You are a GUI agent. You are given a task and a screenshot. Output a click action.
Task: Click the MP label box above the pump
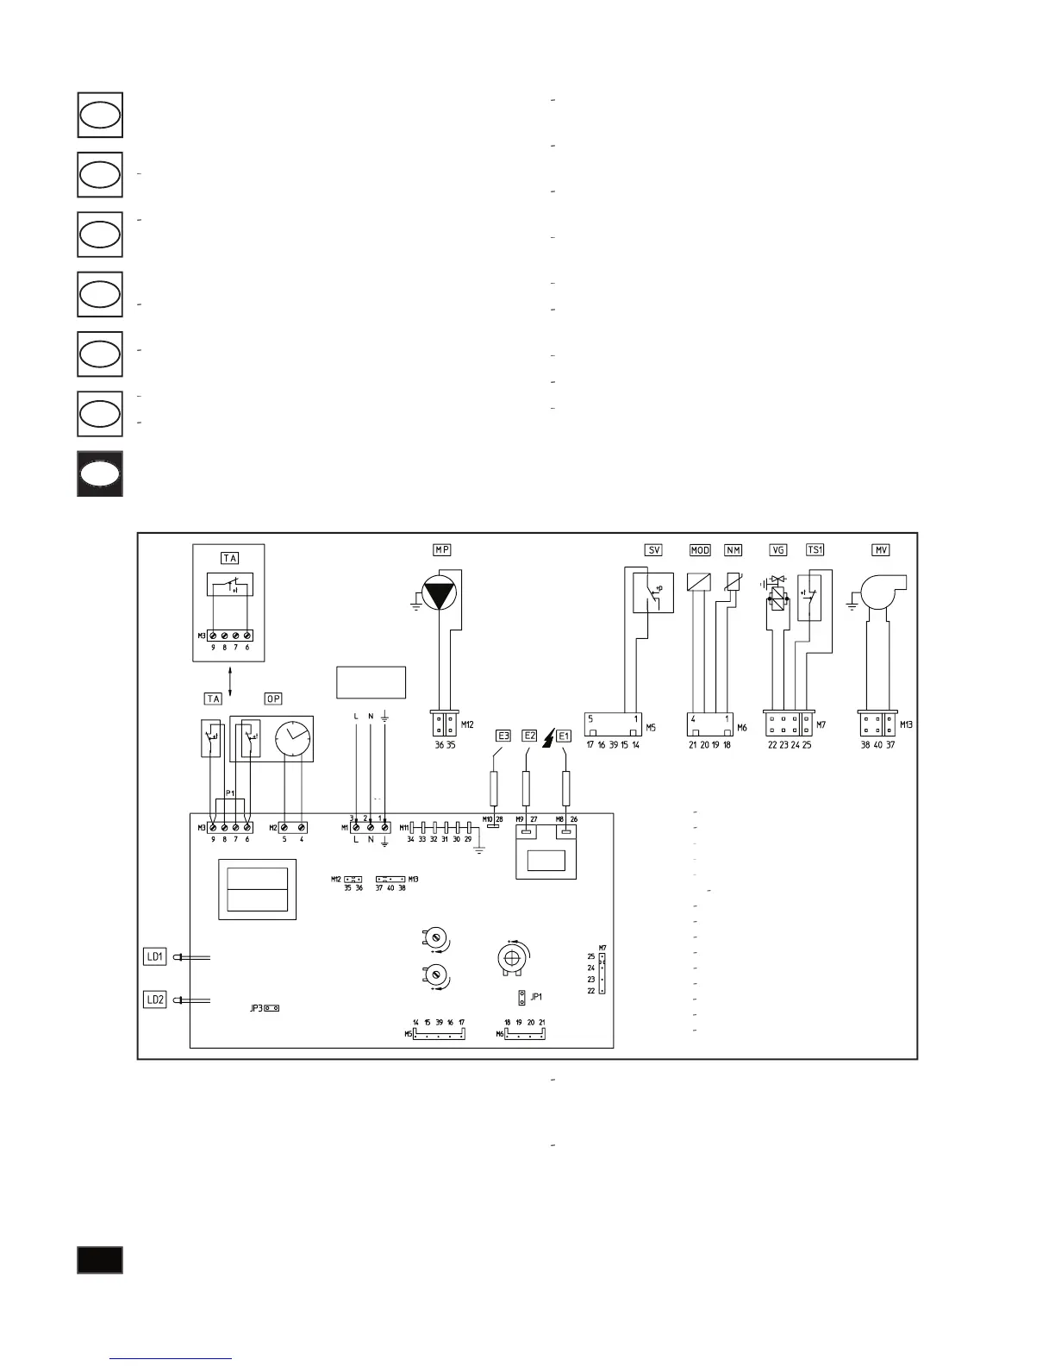(441, 549)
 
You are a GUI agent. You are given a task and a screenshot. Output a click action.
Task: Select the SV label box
(653, 549)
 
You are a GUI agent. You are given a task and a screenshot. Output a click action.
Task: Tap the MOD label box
(700, 549)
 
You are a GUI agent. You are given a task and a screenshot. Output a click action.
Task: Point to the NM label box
(734, 549)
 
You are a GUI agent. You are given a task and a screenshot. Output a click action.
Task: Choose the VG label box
(778, 549)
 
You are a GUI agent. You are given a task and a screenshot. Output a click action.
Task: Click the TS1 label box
(815, 549)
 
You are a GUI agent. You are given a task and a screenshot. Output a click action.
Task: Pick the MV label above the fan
(880, 549)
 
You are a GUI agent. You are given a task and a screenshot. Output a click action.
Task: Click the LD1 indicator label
(155, 956)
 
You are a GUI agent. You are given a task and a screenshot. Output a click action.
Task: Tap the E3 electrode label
(503, 736)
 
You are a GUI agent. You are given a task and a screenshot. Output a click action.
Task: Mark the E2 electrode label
(530, 736)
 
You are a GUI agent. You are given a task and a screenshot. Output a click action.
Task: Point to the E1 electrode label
(564, 736)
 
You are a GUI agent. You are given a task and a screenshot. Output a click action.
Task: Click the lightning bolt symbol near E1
(546, 737)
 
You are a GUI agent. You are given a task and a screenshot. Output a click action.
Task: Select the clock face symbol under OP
(293, 740)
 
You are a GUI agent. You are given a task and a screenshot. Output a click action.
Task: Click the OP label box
(273, 699)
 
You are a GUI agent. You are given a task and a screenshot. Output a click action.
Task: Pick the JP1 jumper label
(537, 996)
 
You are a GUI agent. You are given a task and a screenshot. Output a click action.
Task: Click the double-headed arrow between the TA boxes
(229, 674)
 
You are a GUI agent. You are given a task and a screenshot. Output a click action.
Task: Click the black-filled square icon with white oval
(100, 473)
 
